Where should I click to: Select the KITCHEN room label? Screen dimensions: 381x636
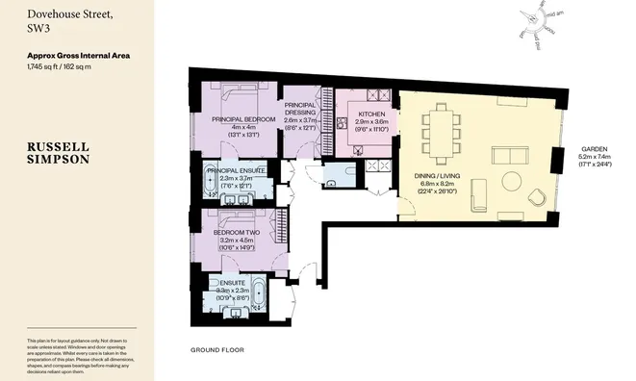click(370, 114)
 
